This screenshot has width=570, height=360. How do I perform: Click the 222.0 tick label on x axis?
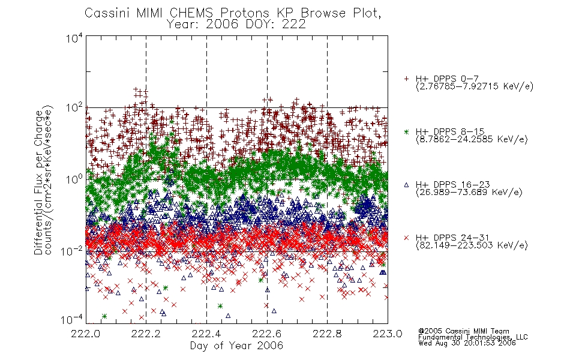pos(85,334)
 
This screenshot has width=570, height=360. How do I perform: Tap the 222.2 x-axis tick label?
pos(146,334)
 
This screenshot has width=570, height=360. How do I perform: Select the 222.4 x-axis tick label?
pos(206,334)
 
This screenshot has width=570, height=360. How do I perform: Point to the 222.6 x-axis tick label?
pos(267,334)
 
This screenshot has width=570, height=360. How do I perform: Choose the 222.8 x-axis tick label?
pos(327,334)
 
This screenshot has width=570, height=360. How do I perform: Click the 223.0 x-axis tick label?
pos(388,334)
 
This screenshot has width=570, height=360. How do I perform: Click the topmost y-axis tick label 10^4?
pos(74,38)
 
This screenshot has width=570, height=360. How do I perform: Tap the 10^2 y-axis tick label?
pos(74,108)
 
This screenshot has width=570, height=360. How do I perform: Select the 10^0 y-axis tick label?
pos(74,179)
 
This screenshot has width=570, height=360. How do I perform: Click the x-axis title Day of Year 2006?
pos(236,346)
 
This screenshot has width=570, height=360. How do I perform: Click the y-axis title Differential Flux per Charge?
pos(38,182)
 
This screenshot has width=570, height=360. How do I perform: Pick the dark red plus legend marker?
pos(406,79)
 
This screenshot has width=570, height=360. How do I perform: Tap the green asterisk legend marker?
pos(406,131)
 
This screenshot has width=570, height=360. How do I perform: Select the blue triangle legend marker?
pos(406,185)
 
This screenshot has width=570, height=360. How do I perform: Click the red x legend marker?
pos(406,238)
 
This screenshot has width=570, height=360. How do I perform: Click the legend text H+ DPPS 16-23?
pos(452,185)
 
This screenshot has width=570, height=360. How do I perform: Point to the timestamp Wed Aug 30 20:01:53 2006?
pos(467,343)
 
